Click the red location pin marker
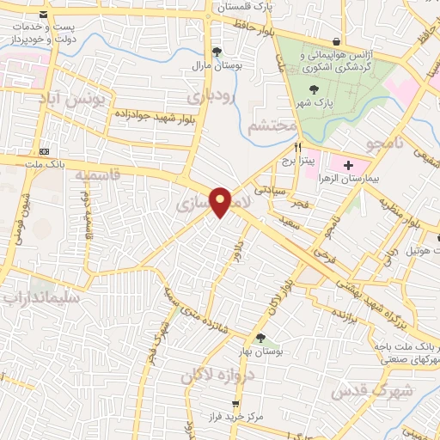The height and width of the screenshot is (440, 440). point(221,201)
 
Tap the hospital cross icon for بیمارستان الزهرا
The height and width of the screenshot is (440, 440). point(348,165)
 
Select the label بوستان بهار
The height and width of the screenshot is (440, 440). point(258,352)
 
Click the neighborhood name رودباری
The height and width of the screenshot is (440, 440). point(212,97)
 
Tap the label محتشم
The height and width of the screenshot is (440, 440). point(272,127)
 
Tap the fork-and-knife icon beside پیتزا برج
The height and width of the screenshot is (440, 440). point(297,148)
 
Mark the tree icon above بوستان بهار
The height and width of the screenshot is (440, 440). point(260,338)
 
